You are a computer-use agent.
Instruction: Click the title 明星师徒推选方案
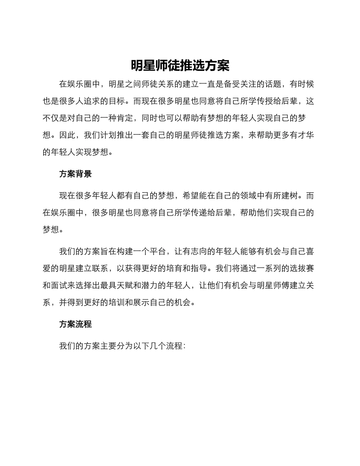click(x=180, y=66)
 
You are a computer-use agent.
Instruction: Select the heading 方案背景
click(x=75, y=174)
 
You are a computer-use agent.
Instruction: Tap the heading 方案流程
click(x=75, y=324)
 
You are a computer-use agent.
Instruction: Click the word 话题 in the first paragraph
click(x=272, y=84)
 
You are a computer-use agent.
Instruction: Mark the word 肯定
click(x=125, y=118)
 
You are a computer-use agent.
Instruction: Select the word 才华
click(x=306, y=135)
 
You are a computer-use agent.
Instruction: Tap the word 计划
click(x=108, y=135)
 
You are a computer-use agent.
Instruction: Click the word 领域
click(x=240, y=196)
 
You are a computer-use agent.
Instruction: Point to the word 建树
click(x=289, y=196)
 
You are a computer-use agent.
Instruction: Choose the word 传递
click(x=191, y=213)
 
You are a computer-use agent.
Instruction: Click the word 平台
click(x=158, y=252)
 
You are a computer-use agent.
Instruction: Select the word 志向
click(x=199, y=252)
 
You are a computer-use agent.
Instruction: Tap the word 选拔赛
click(x=302, y=269)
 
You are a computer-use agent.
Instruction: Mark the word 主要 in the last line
click(x=108, y=346)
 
